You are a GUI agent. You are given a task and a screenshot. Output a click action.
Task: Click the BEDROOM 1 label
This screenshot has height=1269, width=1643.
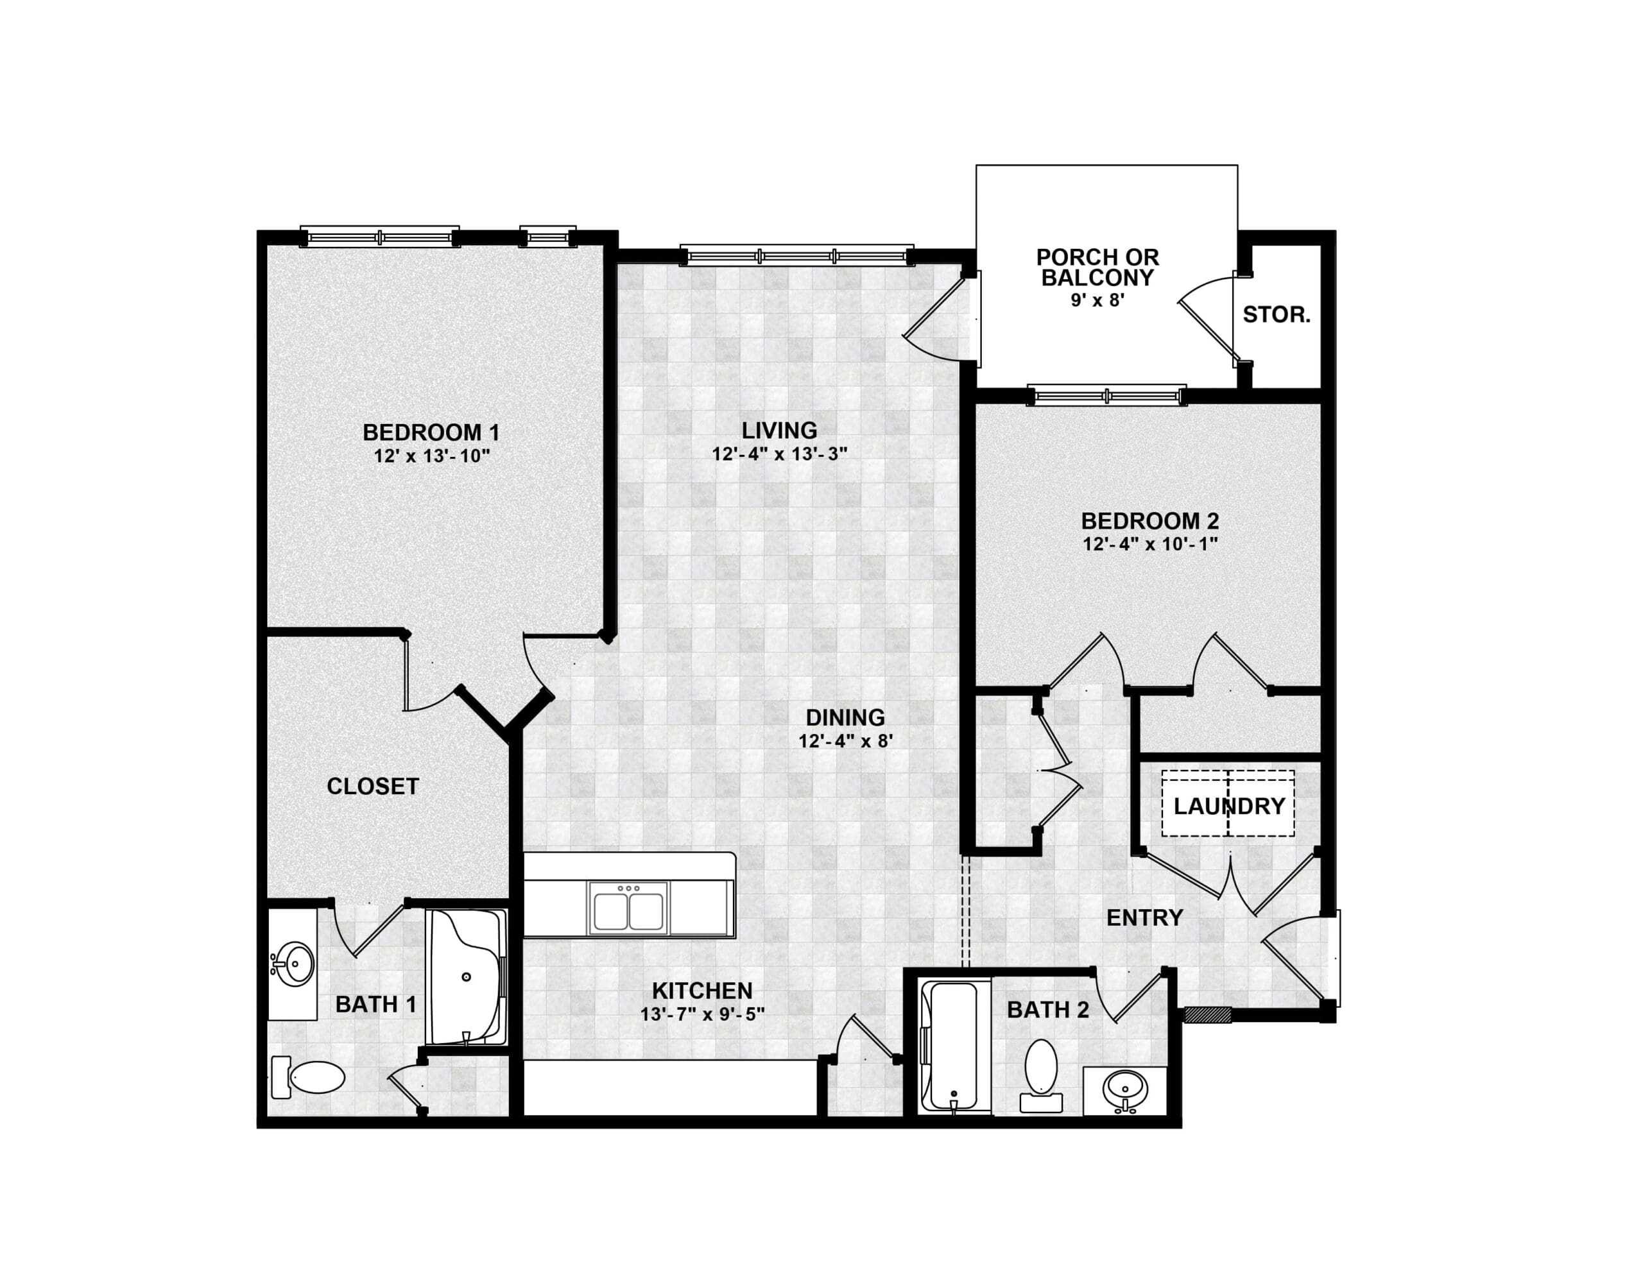coord(431,432)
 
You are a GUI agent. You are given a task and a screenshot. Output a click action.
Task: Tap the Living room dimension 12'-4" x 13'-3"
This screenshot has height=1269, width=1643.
coord(780,454)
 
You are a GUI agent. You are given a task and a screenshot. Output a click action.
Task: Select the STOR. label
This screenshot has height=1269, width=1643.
coord(1277,315)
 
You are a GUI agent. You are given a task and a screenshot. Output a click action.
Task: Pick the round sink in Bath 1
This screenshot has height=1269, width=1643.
coord(294,964)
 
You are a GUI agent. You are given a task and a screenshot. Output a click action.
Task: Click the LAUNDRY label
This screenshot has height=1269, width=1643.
coord(1229,806)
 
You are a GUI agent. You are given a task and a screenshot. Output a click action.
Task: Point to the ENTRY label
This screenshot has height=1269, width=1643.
coord(1145,917)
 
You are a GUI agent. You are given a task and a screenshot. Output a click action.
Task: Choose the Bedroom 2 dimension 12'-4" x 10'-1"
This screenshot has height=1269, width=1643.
coord(1150,544)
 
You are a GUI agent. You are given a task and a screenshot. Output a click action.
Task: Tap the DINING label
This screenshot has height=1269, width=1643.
coord(846,718)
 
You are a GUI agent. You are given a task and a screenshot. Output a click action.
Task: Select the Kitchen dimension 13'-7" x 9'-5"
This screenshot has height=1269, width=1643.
coord(703,1014)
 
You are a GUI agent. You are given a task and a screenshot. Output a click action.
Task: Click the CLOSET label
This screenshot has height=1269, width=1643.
coord(372,787)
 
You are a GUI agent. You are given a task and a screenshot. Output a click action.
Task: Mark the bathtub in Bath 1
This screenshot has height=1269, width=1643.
coord(466,977)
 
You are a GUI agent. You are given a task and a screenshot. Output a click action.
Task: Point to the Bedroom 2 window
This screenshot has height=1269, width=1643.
coord(1107,396)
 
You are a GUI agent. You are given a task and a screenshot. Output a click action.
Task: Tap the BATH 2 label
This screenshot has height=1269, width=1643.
coord(1048,1010)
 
